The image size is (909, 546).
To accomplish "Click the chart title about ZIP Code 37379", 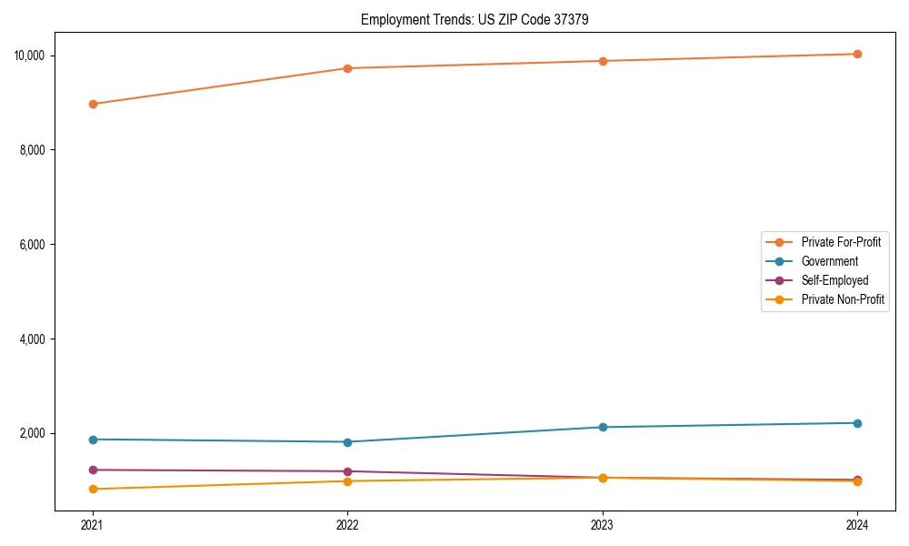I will click(474, 19).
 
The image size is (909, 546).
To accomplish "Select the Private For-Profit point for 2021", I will click(93, 104).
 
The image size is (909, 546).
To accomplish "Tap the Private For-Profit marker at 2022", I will click(347, 68).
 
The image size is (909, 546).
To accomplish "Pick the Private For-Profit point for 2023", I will click(603, 61).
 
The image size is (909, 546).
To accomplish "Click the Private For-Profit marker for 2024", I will click(857, 54).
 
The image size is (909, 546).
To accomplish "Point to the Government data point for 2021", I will click(93, 440).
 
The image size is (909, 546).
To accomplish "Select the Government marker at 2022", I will click(347, 442).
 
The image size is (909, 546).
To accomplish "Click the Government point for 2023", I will click(603, 427).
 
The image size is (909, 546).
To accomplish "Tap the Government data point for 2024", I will click(857, 423).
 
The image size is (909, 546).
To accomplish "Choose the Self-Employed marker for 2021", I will click(93, 470).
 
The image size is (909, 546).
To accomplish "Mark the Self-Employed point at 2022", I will click(347, 471).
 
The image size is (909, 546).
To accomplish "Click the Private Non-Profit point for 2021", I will click(93, 489).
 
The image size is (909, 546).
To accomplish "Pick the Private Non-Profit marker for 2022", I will click(347, 480).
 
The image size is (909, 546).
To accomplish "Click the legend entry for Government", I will click(829, 261).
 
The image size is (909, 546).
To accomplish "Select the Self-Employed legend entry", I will click(834, 280).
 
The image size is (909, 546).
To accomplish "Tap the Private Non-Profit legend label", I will click(843, 299).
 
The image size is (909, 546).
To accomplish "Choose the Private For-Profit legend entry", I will click(840, 242).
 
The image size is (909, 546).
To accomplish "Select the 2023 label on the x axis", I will click(603, 524).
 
